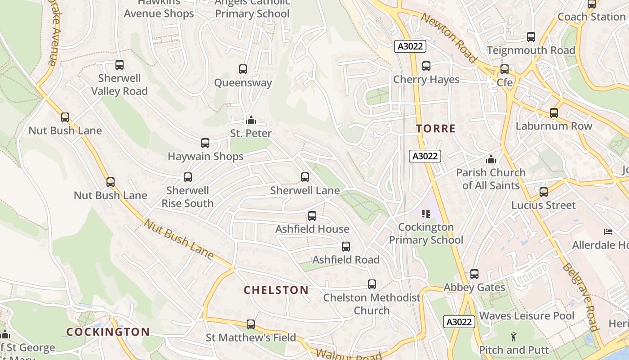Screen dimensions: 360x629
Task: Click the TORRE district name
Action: point(436,129)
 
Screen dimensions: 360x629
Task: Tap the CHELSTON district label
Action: point(276,290)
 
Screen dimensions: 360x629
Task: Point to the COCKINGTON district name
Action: point(108,332)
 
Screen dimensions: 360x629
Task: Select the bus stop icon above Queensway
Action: point(243,69)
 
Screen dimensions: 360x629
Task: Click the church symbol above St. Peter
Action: point(252,120)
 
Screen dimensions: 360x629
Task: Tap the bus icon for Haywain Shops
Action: point(205,143)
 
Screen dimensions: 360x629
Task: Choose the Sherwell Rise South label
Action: point(187,197)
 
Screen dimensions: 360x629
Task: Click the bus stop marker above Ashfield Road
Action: point(346,247)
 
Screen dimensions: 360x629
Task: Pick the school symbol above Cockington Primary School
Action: point(425,214)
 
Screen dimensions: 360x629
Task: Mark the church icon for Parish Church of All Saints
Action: point(491,159)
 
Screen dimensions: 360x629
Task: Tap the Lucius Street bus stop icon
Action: point(544,192)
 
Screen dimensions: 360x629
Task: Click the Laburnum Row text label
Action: point(554,126)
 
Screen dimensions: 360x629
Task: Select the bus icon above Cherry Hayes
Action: point(426,66)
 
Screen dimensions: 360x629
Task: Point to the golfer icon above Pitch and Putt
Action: point(514,336)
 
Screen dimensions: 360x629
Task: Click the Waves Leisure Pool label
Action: point(527,316)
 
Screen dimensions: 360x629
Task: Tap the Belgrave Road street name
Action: point(580,297)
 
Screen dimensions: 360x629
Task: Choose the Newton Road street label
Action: point(449,38)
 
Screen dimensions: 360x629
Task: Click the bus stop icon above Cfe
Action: point(505,69)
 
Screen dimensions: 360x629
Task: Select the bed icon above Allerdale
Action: point(608,232)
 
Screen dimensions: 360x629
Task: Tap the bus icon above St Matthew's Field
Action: point(251,324)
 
